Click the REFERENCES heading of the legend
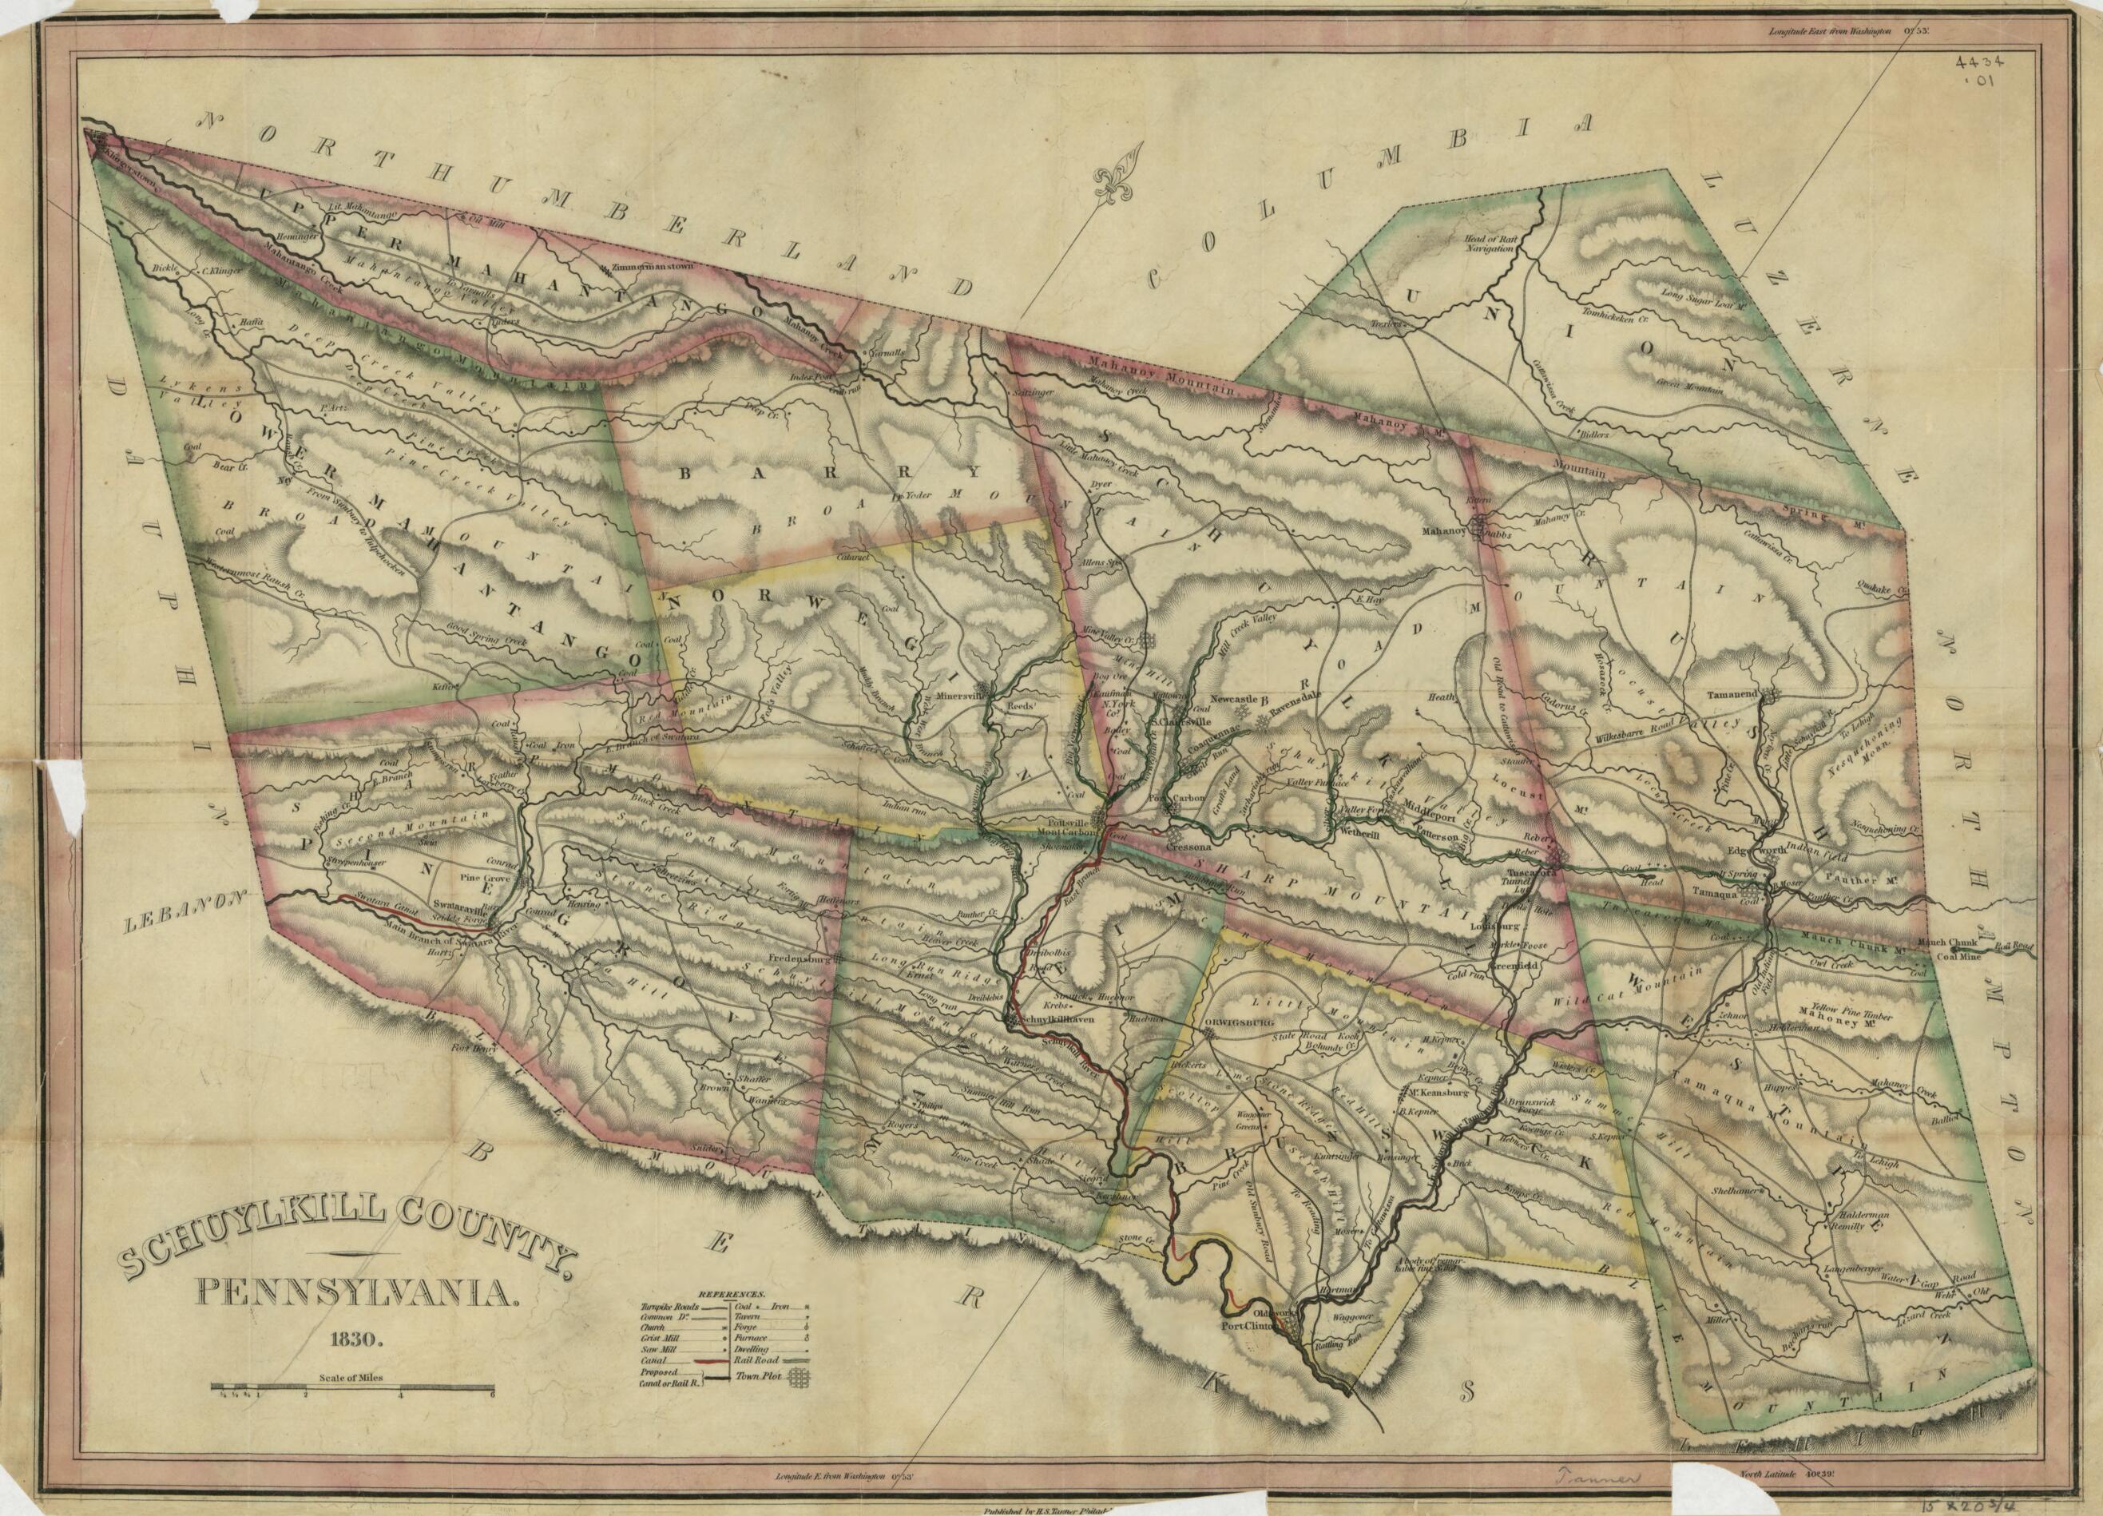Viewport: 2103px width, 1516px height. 732,1292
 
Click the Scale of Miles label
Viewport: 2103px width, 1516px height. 351,1379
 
